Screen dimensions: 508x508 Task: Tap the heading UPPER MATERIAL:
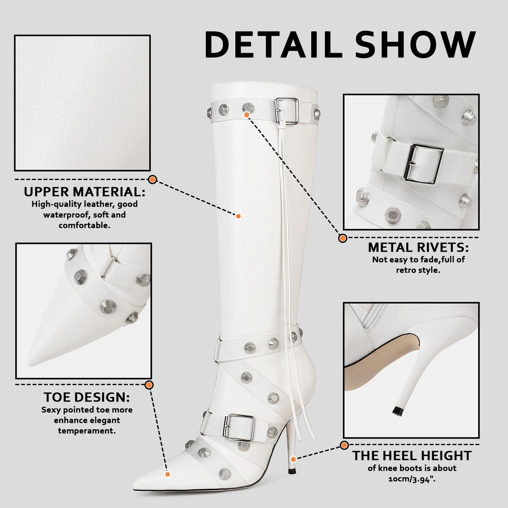tap(84, 192)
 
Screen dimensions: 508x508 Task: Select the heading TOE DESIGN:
tap(87, 397)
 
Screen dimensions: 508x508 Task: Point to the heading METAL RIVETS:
tap(418, 247)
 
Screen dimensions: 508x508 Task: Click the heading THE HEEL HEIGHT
tap(412, 456)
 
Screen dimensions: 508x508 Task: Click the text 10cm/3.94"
tap(412, 479)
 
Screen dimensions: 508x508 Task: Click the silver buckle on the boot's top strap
tap(286, 111)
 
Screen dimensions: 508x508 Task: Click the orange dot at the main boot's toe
tap(167, 474)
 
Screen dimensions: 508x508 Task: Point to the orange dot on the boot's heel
tap(293, 459)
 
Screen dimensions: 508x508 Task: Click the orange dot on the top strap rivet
tap(247, 115)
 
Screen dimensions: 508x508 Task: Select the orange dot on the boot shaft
tap(238, 216)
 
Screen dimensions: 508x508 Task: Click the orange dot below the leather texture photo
tap(152, 180)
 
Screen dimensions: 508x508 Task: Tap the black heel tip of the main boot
tap(291, 471)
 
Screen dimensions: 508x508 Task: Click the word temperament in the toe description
tap(87, 431)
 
